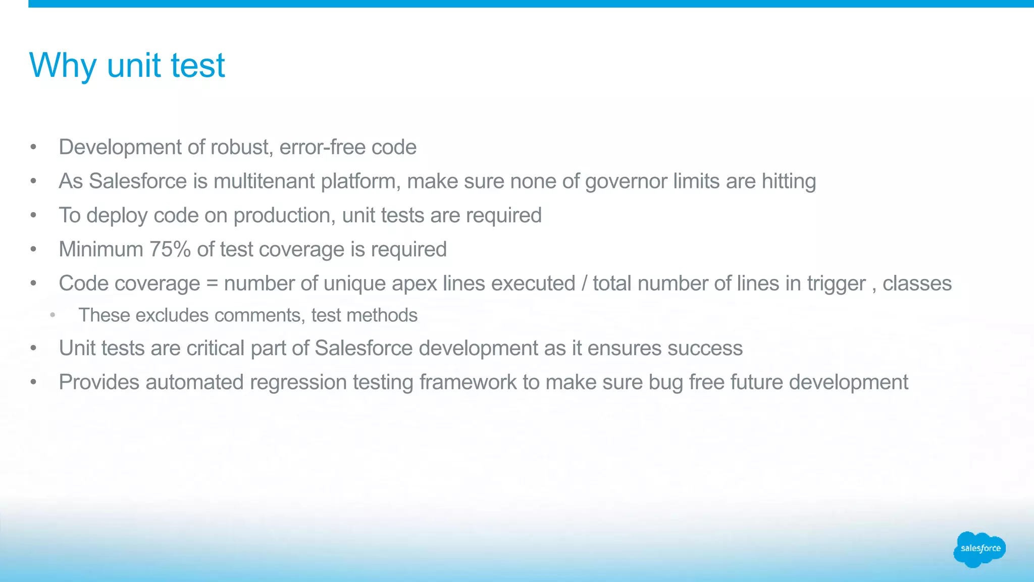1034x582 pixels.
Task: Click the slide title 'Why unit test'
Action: (x=127, y=66)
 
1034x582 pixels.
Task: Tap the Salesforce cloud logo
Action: (x=979, y=549)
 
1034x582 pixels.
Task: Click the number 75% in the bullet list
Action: (x=170, y=250)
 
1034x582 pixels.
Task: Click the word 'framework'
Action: (x=468, y=382)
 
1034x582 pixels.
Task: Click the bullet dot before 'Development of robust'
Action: (x=33, y=148)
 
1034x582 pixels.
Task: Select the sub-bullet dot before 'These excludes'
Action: (x=53, y=316)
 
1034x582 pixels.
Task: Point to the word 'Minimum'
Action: (x=101, y=250)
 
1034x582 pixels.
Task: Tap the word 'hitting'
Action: (x=789, y=181)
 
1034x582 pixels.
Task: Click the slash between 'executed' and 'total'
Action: (x=584, y=284)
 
